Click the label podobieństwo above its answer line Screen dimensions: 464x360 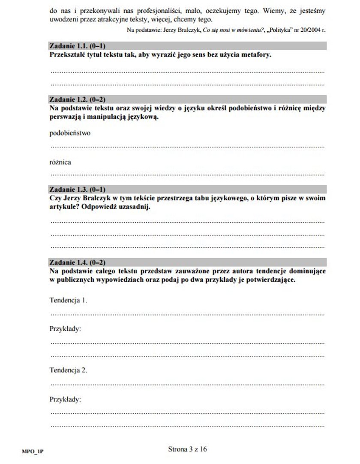tap(70, 133)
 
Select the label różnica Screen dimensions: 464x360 tap(60, 162)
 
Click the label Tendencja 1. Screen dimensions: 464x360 tap(68, 300)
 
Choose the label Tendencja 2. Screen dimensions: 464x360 tap(68, 370)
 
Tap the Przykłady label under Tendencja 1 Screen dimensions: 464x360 tap(65, 329)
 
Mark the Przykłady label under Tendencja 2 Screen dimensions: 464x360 tap(65, 399)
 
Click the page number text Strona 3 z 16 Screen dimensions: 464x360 tap(188, 449)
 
